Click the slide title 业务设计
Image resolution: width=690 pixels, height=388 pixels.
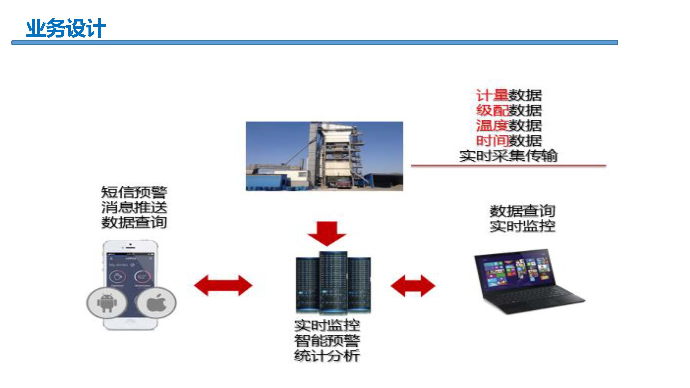[x=66, y=28]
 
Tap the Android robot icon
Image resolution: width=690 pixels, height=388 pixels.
[x=107, y=303]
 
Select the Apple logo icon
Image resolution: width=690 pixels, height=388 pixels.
[x=157, y=303]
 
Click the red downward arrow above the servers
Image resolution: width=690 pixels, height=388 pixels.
[x=327, y=233]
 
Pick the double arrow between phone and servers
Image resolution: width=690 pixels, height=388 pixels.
[x=223, y=285]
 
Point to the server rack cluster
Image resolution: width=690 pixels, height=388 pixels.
[x=333, y=282]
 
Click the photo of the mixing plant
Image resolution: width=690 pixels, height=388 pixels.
[x=324, y=156]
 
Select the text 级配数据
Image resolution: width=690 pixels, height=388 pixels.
[x=509, y=110]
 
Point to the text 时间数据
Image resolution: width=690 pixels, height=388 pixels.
[x=509, y=140]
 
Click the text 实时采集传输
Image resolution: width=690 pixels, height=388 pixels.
[x=508, y=155]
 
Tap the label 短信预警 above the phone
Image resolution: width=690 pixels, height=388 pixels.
[x=134, y=192]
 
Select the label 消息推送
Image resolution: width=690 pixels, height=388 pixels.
[x=134, y=207]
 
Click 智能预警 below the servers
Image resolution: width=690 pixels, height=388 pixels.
[x=327, y=341]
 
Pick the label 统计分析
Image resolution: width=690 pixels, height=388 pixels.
[x=327, y=356]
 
